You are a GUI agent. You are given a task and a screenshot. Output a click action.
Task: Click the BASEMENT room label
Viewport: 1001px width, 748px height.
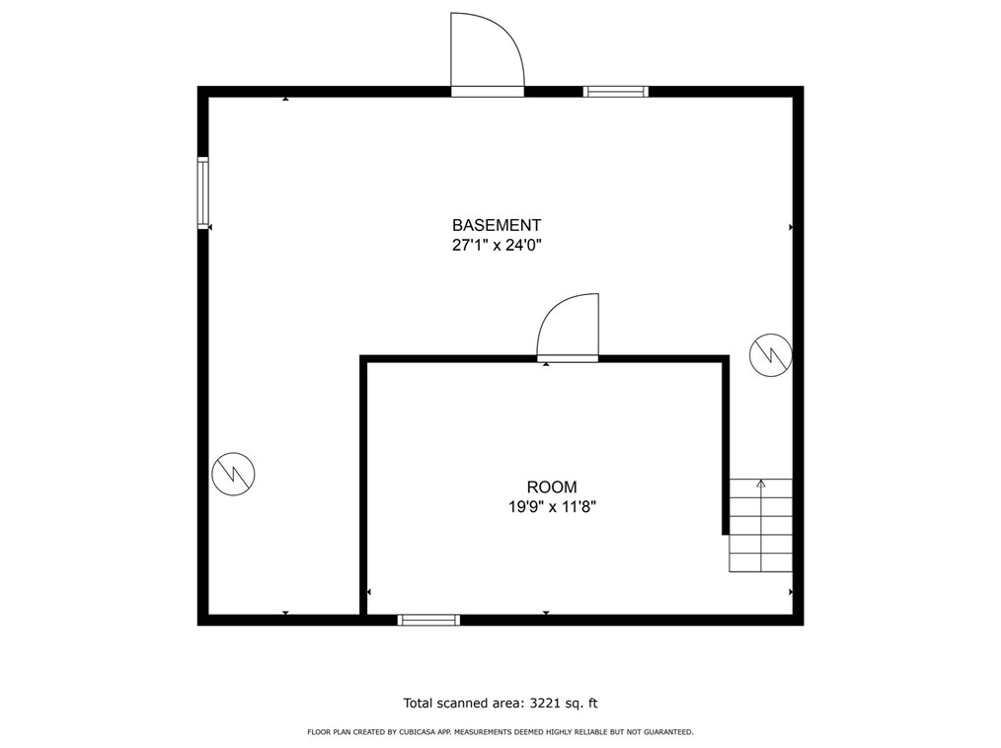(497, 225)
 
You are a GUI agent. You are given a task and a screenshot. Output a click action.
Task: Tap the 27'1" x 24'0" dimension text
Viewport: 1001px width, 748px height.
(497, 246)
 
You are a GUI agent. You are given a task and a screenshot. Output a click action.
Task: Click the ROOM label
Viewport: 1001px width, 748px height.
(551, 486)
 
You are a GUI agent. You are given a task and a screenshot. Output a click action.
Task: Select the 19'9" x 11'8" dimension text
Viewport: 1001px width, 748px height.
(551, 507)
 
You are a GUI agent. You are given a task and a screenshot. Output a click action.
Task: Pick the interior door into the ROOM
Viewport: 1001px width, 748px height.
(568, 328)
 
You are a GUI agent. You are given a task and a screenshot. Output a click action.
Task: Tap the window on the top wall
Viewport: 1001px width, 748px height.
(615, 92)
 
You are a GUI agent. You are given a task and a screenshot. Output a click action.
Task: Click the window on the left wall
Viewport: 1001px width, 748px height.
(203, 193)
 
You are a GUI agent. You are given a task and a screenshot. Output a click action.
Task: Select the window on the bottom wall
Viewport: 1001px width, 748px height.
(428, 620)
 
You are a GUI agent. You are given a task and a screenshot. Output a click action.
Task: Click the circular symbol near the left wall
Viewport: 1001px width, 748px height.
(234, 474)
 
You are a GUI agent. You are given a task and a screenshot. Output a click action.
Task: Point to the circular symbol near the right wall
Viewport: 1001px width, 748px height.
(770, 355)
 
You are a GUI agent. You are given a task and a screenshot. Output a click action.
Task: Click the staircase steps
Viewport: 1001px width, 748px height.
(761, 528)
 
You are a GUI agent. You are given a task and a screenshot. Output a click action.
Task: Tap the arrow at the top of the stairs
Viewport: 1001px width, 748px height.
(761, 484)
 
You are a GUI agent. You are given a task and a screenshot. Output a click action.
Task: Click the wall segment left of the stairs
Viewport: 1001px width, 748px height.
(727, 444)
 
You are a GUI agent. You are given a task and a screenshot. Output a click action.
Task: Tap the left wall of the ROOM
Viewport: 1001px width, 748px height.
(363, 488)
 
